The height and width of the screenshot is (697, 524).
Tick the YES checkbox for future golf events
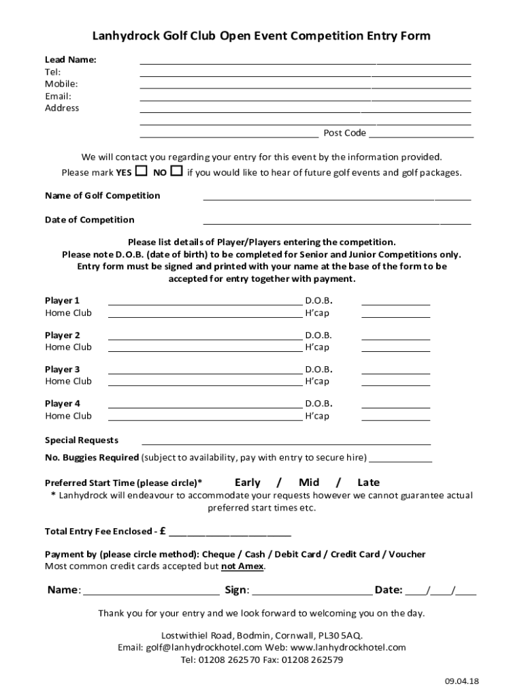[x=142, y=170]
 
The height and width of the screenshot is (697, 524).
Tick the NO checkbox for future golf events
[x=176, y=170]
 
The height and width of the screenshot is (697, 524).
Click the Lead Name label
[x=71, y=60]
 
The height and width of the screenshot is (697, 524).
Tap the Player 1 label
[x=63, y=300]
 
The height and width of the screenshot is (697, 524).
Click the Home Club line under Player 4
[x=205, y=419]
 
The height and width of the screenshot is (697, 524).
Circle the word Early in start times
[x=248, y=483]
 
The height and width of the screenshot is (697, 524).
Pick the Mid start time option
[x=309, y=483]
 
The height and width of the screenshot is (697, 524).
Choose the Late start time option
[x=369, y=483]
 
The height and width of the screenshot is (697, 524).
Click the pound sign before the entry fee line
[x=163, y=531]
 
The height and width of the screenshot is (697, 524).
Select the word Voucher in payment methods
[x=407, y=555]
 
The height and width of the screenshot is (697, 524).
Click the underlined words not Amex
[x=242, y=566]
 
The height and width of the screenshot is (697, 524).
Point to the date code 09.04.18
[x=462, y=681]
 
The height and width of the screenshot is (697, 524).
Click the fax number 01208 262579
[x=312, y=660]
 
